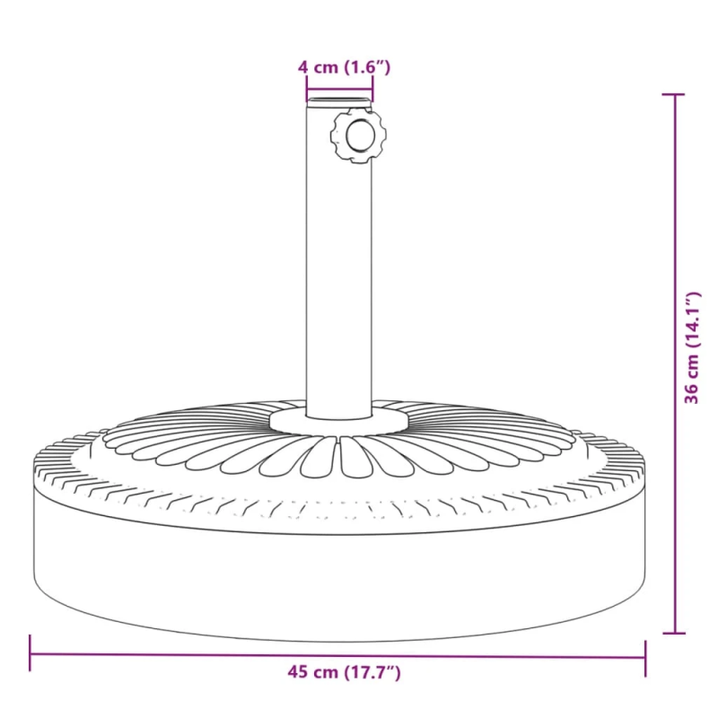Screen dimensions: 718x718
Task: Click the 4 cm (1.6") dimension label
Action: point(344,66)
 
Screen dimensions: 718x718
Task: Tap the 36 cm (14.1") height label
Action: point(691,348)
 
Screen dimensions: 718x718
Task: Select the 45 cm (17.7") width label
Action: point(338,672)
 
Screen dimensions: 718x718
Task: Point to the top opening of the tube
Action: point(339,97)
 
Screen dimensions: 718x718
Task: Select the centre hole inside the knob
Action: point(360,136)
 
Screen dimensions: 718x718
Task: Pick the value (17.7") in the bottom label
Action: point(370,672)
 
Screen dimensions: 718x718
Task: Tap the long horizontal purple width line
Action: point(179,653)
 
